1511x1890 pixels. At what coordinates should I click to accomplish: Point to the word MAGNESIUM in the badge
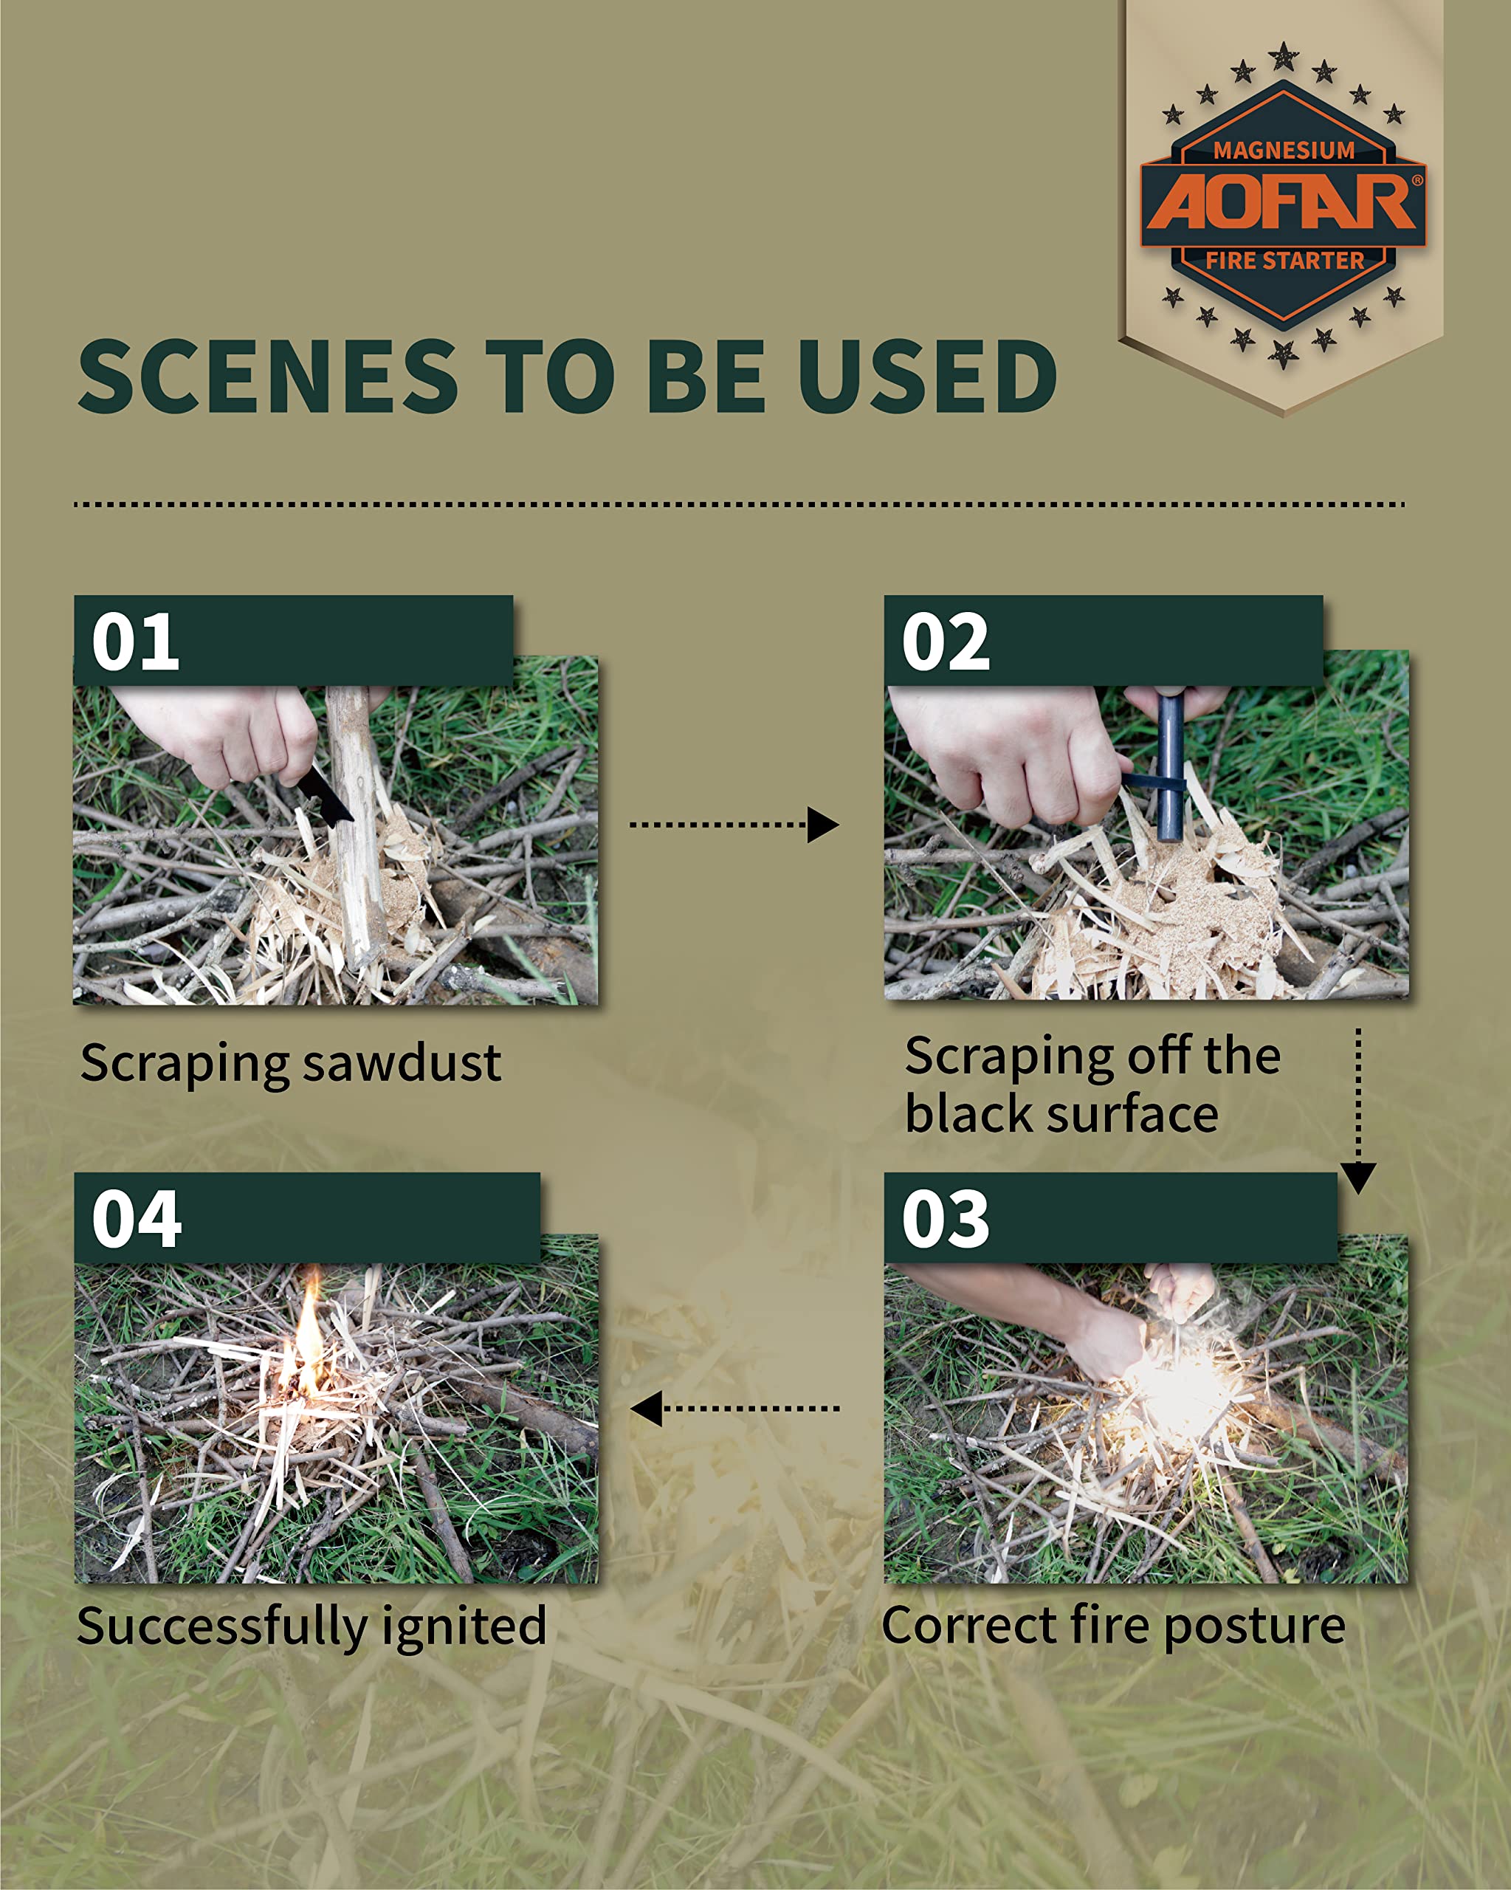(x=1284, y=151)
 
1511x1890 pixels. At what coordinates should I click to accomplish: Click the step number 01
(x=136, y=642)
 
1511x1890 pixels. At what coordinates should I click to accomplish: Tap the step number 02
(x=946, y=642)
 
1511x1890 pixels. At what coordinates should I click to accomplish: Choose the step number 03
(x=946, y=1220)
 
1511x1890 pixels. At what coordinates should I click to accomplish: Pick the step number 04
(x=137, y=1220)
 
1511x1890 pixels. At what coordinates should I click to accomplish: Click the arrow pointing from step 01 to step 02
(x=734, y=825)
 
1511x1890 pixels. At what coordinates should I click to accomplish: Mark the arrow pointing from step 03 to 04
(x=734, y=1409)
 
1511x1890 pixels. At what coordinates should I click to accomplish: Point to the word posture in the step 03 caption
(x=1254, y=1628)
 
